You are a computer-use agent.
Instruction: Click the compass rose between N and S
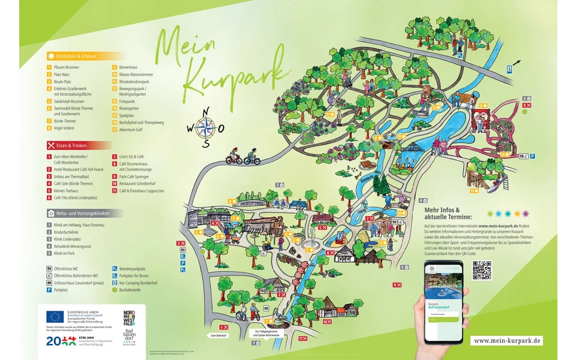tap(205, 127)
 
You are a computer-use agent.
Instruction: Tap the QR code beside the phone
tap(481, 270)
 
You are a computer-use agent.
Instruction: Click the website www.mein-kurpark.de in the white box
tap(507, 340)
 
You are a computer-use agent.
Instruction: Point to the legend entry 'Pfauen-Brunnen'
tap(67, 67)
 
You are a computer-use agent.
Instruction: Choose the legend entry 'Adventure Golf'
tap(132, 130)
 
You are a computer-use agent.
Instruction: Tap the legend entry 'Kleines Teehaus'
tap(67, 190)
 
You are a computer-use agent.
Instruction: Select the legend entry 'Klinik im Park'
tap(67, 253)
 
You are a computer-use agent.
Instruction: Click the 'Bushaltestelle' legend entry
tap(132, 289)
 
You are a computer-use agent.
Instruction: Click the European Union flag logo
tap(55, 316)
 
